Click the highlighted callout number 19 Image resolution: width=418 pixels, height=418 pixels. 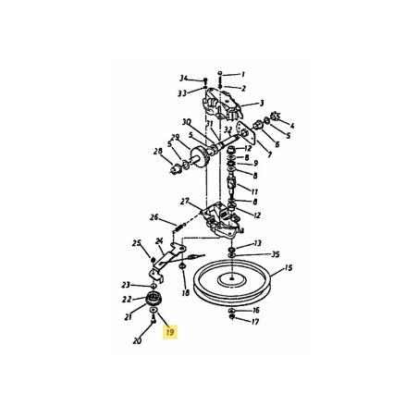click(168, 328)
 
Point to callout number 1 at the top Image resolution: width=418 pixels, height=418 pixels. click(242, 74)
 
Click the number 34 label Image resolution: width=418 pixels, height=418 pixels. click(184, 79)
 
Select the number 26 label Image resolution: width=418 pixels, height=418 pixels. click(154, 218)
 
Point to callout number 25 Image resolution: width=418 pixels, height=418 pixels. click(137, 243)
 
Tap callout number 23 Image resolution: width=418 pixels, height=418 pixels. click(126, 285)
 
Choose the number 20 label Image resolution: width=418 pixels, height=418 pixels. click(137, 341)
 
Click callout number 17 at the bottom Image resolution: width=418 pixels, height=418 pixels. click(256, 323)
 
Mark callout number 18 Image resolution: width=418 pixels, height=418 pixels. click(185, 293)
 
